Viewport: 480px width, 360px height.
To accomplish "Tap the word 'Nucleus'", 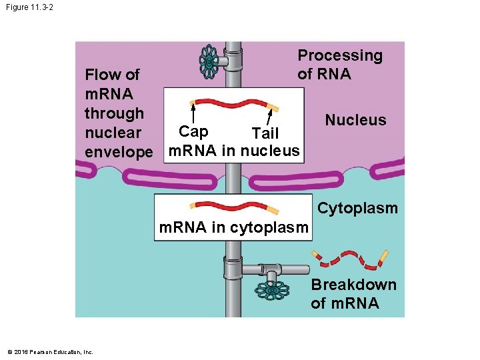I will pyautogui.click(x=355, y=120).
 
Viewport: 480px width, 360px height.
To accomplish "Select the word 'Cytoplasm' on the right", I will pyautogui.click(x=357, y=208).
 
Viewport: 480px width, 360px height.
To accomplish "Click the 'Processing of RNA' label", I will pyautogui.click(x=339, y=64).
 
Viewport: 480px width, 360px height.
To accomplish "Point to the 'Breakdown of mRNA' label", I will pyautogui.click(x=353, y=294).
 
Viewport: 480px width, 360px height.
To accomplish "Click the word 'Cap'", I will pyautogui.click(x=193, y=131).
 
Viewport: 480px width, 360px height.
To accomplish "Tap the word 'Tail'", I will pyautogui.click(x=265, y=133).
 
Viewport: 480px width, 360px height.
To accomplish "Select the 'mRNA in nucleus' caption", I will pyautogui.click(x=234, y=151).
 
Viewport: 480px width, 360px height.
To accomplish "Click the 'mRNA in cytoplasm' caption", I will pyautogui.click(x=233, y=228).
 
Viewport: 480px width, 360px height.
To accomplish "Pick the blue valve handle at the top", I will pyautogui.click(x=209, y=62).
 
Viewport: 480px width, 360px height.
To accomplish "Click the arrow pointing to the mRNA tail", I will pyautogui.click(x=264, y=117).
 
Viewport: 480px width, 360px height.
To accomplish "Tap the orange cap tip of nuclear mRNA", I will pyautogui.click(x=192, y=102).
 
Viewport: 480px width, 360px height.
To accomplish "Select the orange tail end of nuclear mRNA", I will pyautogui.click(x=272, y=106).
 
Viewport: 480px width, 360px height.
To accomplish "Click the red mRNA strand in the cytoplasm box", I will pyautogui.click(x=230, y=205).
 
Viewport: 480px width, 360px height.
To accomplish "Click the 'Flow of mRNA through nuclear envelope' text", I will pyautogui.click(x=118, y=113).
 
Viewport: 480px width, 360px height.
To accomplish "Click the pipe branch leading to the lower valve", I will pyautogui.click(x=257, y=269).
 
